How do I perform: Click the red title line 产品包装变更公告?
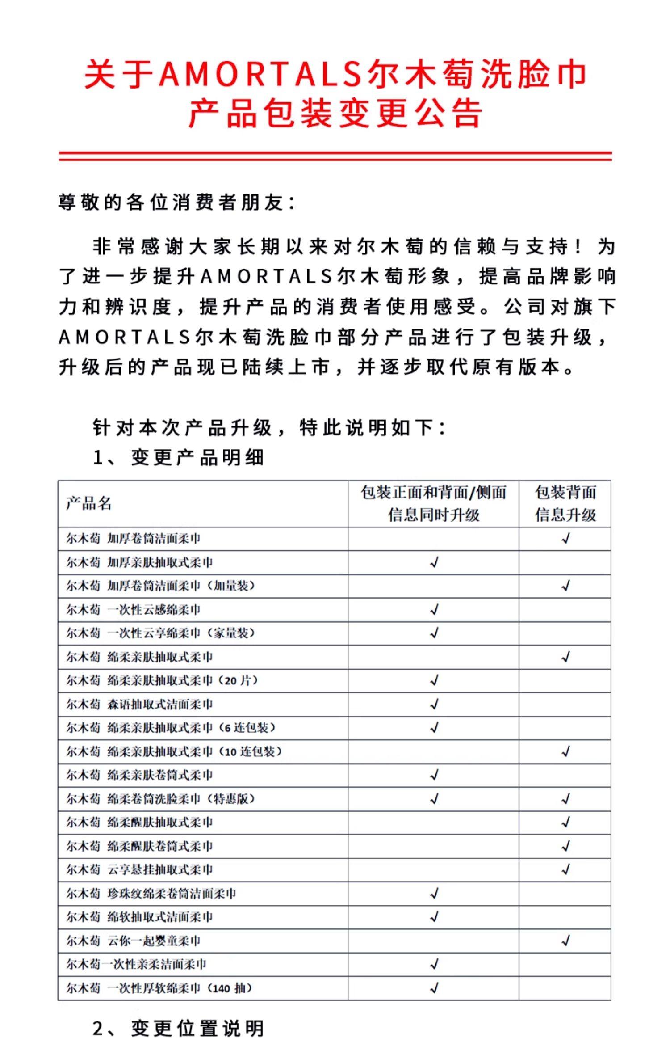tap(335, 113)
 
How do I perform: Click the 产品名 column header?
tap(88, 503)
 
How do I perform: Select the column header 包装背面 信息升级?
tap(565, 503)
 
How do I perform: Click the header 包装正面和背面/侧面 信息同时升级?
tap(433, 503)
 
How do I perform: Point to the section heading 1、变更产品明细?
tap(179, 457)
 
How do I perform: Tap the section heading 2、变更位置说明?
tap(179, 1028)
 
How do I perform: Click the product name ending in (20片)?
tap(162, 681)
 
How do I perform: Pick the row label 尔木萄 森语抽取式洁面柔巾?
tap(139, 705)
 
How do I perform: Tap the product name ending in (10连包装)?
tap(174, 752)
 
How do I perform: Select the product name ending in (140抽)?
tap(159, 988)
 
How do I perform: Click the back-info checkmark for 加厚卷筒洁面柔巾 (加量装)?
tap(565, 586)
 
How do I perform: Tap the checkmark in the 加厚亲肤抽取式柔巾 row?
tap(434, 562)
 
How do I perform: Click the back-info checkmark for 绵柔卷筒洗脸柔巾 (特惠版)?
tap(565, 799)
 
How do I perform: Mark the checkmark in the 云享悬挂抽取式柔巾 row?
tap(565, 870)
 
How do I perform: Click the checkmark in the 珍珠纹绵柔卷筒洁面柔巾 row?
tap(434, 894)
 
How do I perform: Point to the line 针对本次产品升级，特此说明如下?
tap(269, 428)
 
